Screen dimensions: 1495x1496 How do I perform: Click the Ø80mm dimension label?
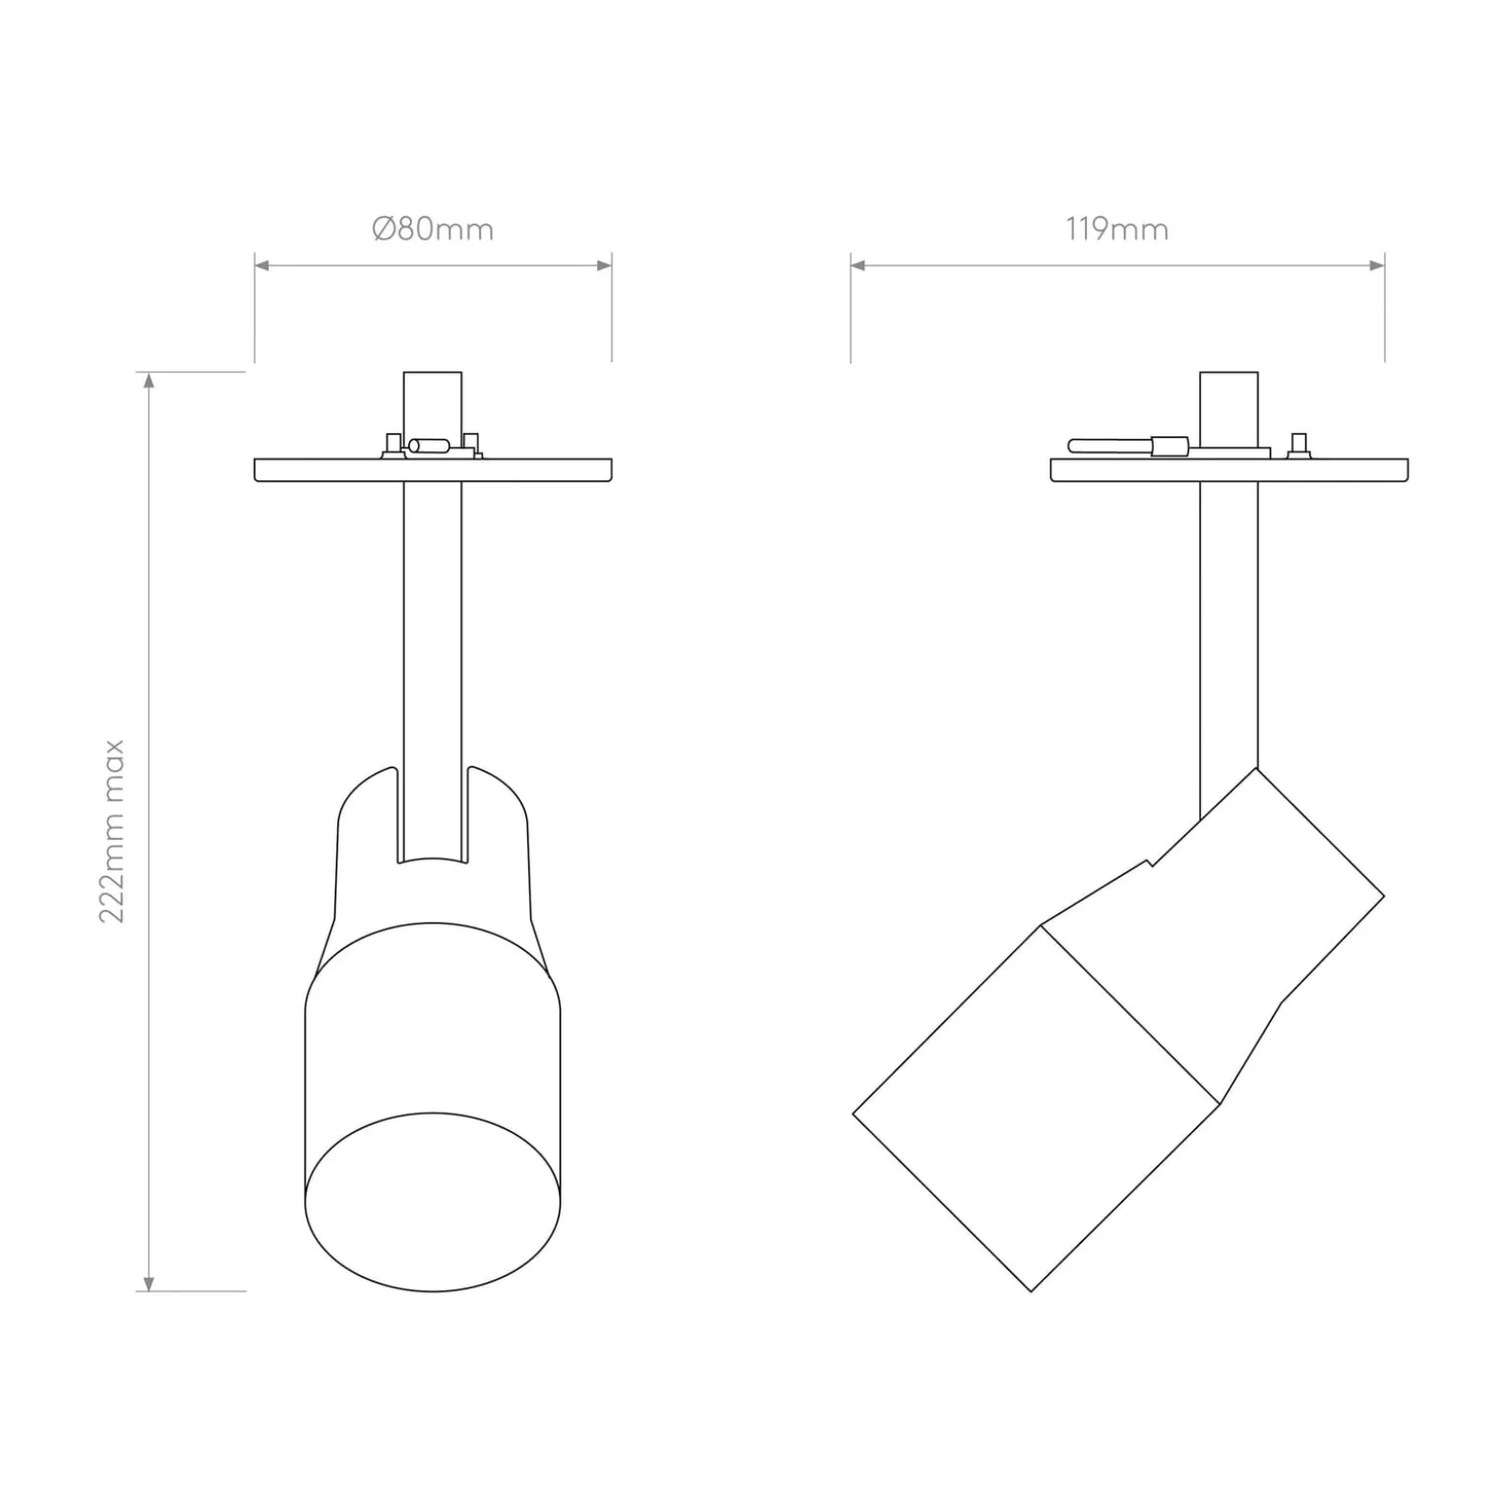point(432,230)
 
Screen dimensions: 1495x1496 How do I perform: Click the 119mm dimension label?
point(1116,230)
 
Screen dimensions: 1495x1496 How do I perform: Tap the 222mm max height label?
point(113,830)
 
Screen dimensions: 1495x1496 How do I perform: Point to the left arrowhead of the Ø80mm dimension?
point(262,265)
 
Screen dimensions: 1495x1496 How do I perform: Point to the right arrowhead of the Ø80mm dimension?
point(605,265)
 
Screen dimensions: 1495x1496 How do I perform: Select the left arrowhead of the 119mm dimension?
point(858,265)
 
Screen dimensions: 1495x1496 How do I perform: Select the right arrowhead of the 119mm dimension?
point(1377,265)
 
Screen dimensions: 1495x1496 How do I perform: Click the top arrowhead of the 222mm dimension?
point(149,380)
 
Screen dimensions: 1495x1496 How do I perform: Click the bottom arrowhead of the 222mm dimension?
point(149,1283)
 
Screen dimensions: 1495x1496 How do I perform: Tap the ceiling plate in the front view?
point(433,470)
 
